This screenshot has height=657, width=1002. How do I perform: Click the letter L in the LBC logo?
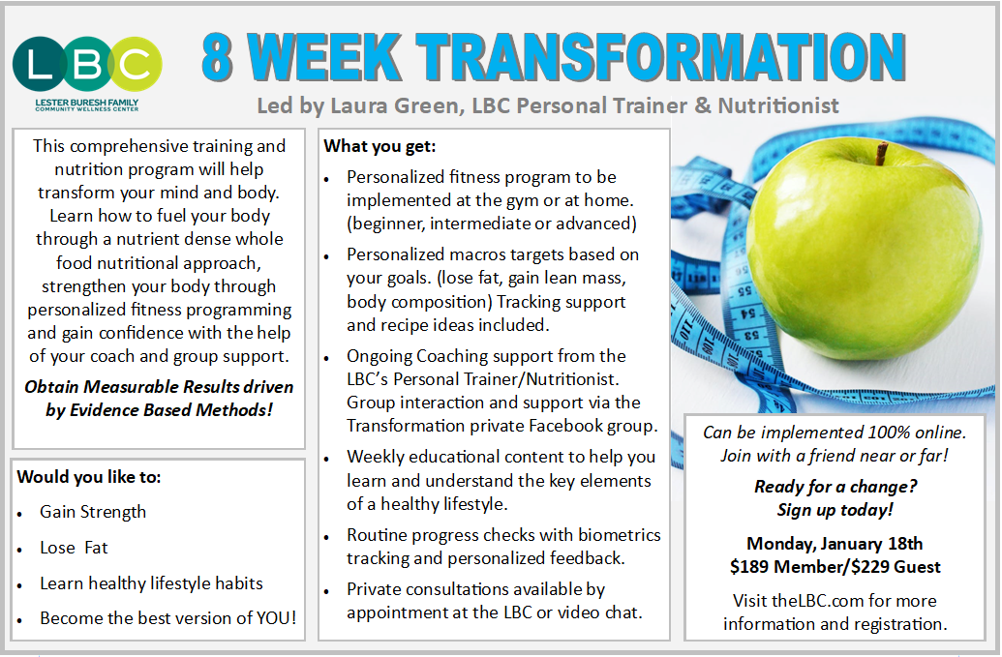(x=39, y=64)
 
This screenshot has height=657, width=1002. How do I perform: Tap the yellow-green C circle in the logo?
(x=135, y=63)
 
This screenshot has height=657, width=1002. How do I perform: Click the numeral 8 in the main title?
(x=217, y=56)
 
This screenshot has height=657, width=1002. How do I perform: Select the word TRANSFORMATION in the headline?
(x=661, y=56)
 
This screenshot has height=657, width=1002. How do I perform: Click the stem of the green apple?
(x=881, y=153)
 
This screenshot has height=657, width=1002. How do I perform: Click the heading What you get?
(x=380, y=146)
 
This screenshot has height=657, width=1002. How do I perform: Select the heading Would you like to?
(x=89, y=477)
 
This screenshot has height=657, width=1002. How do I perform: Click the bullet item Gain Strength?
(x=93, y=512)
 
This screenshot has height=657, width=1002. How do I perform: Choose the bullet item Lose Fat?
(x=74, y=548)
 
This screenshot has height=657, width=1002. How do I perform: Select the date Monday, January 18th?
(x=835, y=544)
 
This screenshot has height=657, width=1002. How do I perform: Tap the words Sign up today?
(x=835, y=510)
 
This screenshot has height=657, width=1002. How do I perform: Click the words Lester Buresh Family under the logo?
(x=87, y=103)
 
